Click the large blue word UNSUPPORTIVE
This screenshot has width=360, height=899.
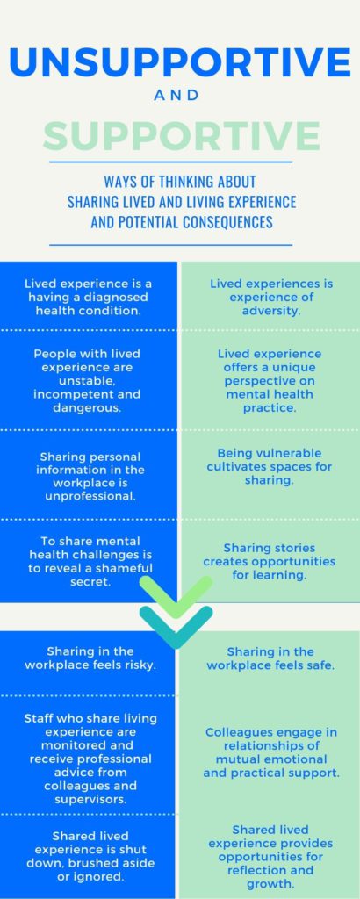(x=180, y=63)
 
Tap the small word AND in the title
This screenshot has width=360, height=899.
(x=176, y=96)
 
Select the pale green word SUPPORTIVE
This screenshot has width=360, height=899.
(x=181, y=136)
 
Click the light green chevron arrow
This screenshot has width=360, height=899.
(x=176, y=596)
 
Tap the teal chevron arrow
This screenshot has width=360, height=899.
(x=176, y=627)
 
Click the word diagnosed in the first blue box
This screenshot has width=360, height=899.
(x=119, y=298)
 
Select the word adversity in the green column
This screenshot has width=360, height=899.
(x=271, y=312)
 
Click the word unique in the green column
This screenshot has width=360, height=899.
(x=294, y=367)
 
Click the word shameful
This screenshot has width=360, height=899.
(x=125, y=568)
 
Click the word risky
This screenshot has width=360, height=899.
(x=137, y=665)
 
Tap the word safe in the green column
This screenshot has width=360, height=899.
(x=321, y=665)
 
